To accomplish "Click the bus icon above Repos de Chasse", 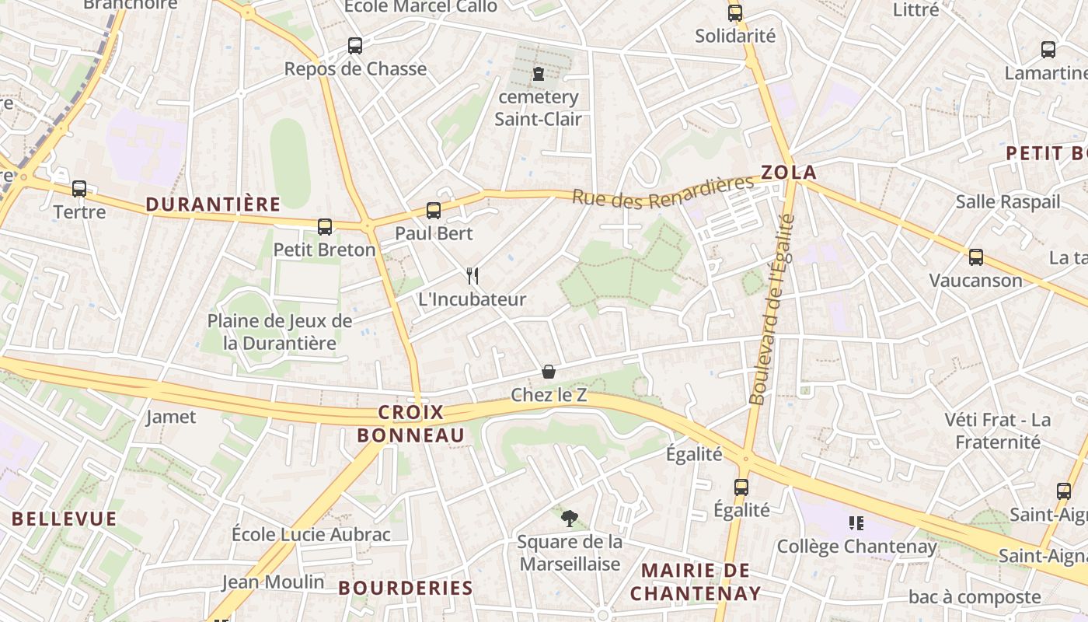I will [x=355, y=46].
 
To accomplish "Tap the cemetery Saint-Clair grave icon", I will [x=538, y=75].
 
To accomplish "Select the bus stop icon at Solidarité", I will [x=735, y=13].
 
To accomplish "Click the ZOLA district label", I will [x=789, y=173].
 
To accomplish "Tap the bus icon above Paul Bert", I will [x=434, y=210].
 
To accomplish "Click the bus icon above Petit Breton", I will [x=325, y=227].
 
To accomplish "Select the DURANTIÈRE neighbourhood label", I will [x=213, y=204].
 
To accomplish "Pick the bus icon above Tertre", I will [x=79, y=189].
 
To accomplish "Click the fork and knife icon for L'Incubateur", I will [x=472, y=275].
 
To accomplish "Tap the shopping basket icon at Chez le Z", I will [x=549, y=372].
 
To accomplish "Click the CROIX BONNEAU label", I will [x=410, y=424].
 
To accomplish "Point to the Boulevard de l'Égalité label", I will [x=772, y=309].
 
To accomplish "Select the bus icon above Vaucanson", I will [x=976, y=257].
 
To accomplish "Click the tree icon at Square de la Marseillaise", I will [x=570, y=519].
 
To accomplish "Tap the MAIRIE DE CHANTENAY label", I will [x=696, y=582].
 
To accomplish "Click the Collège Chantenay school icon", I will [x=856, y=523].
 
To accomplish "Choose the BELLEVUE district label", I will [x=65, y=519].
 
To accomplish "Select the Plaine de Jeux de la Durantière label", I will [x=279, y=332].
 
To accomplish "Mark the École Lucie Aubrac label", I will [x=311, y=534].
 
